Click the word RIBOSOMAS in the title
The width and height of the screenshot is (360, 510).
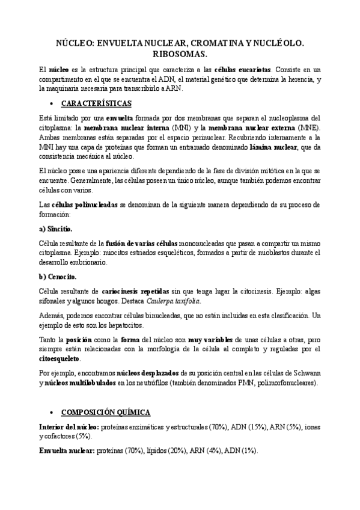[x=180, y=54]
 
